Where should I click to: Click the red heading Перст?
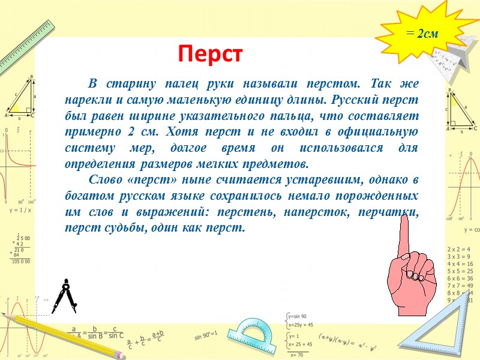(x=209, y=55)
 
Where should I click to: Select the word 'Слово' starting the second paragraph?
(x=106, y=179)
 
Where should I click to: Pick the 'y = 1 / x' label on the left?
(x=20, y=211)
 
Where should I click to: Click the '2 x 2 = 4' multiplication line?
(x=460, y=249)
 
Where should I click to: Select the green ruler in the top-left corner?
(x=27, y=45)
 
